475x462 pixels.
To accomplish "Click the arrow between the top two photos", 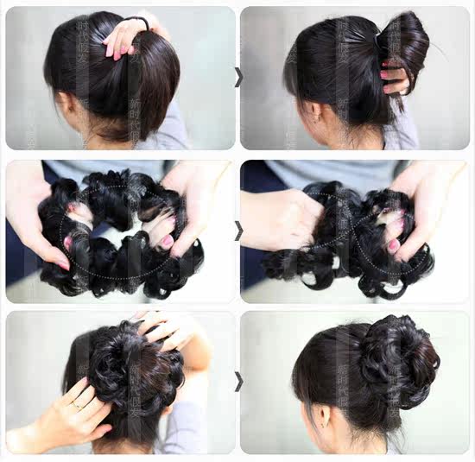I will (x=238, y=77).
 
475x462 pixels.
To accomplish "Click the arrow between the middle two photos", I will (x=238, y=231).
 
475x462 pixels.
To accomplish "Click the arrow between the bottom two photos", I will (x=238, y=381).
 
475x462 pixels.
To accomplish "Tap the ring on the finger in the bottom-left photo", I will (x=79, y=402).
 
